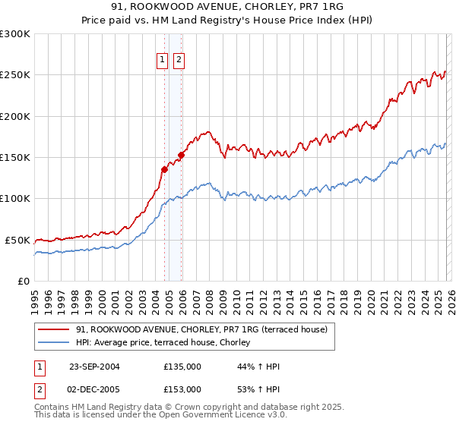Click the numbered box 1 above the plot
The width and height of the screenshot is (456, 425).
click(163, 61)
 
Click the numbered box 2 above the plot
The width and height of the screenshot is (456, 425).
click(179, 61)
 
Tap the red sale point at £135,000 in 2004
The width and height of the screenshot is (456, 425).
click(165, 169)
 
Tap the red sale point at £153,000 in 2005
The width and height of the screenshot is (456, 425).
click(181, 155)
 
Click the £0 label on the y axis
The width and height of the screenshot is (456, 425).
click(23, 281)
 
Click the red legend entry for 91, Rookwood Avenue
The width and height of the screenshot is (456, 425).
click(201, 329)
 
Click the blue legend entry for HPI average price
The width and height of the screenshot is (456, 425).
click(167, 343)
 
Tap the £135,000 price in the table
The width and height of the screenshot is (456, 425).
click(182, 367)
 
